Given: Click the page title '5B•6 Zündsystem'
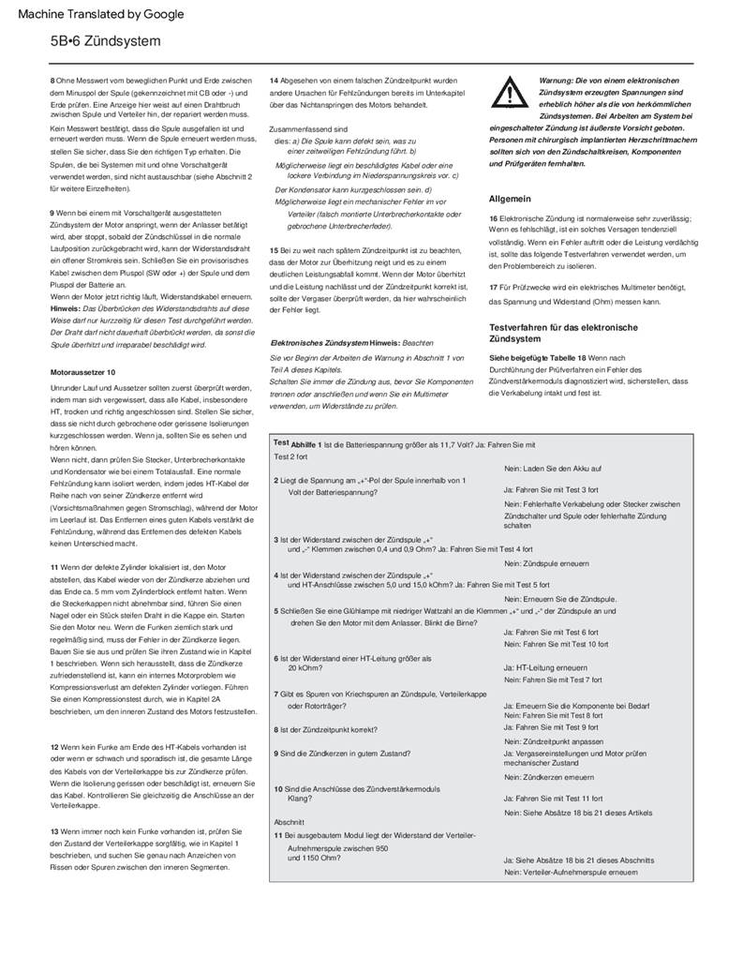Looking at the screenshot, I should pyautogui.click(x=106, y=42).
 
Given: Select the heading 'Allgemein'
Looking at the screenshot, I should pyautogui.click(x=510, y=199).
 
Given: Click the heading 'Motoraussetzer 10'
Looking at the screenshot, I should pyautogui.click(x=83, y=372).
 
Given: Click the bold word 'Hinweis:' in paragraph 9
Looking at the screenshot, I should pyautogui.click(x=66, y=307).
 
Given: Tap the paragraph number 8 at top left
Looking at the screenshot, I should pyautogui.click(x=52, y=80).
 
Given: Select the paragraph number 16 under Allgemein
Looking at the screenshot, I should pyautogui.click(x=494, y=218).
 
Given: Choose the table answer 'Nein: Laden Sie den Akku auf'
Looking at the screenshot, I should pyautogui.click(x=553, y=468).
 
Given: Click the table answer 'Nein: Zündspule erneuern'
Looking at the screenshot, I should pyautogui.click(x=546, y=563).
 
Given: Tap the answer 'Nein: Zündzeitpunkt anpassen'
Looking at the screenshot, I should pyautogui.click(x=554, y=740).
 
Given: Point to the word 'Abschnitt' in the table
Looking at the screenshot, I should pyautogui.click(x=290, y=821).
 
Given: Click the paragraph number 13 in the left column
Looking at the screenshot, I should pyautogui.click(x=54, y=830).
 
